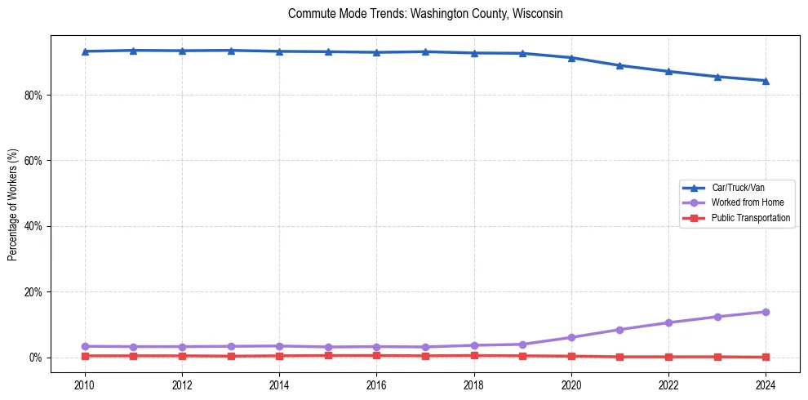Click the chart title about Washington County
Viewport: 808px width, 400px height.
pos(425,14)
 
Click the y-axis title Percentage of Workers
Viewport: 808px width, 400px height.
pos(12,204)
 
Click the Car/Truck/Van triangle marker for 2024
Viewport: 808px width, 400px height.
pos(766,81)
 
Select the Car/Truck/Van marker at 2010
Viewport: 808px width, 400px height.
pos(85,51)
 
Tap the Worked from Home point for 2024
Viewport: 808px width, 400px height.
pos(766,312)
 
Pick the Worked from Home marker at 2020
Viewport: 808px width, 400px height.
pos(571,337)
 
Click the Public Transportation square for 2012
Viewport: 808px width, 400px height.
pos(182,356)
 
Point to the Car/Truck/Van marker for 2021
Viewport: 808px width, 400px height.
pos(619,65)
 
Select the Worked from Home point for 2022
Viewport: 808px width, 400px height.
pos(668,322)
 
